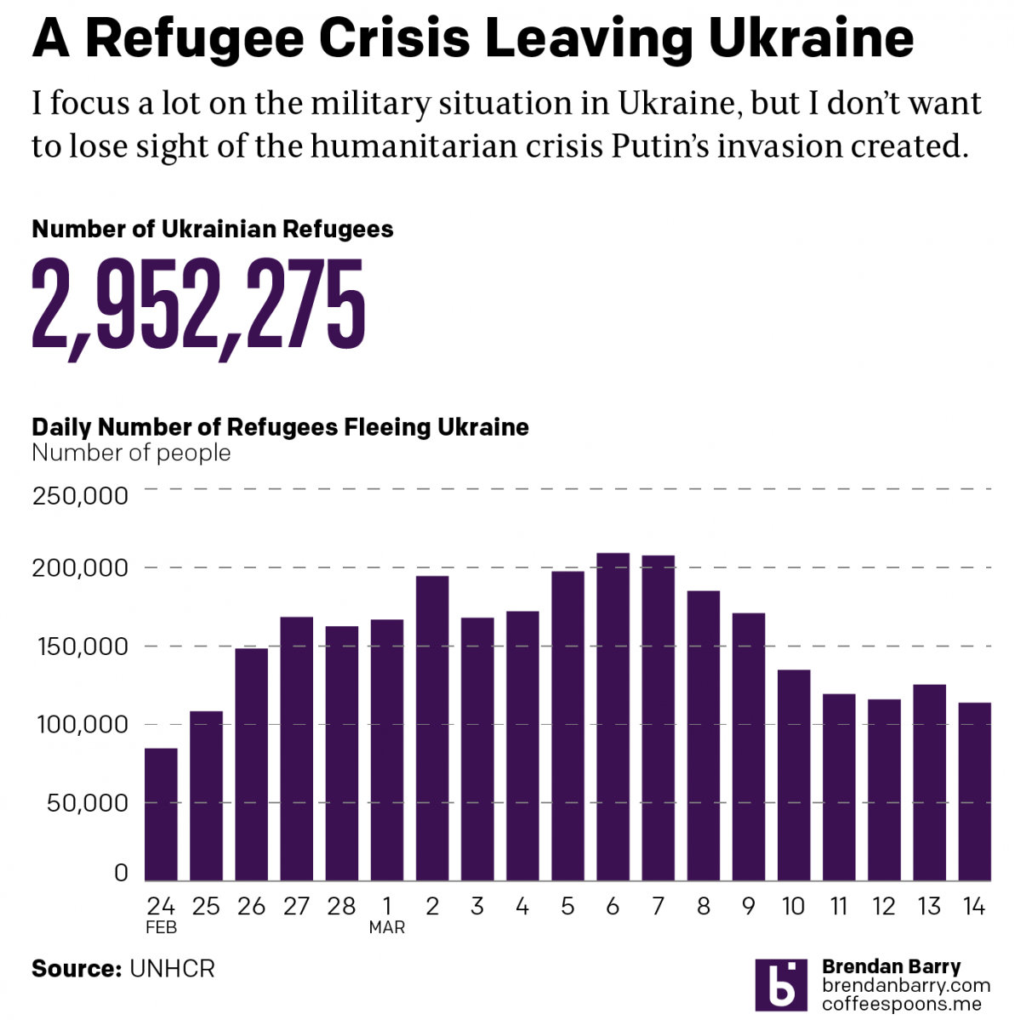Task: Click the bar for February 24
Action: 161,814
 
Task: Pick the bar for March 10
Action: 794,775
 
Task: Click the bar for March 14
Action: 974,791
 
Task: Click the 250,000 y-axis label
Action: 80,495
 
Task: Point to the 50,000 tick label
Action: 87,802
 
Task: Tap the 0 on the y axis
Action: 121,873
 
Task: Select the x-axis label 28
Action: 341,907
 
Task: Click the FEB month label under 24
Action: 161,927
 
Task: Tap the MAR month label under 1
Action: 386,927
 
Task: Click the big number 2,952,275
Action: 198,306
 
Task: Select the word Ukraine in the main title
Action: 810,38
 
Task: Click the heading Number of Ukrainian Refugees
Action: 212,230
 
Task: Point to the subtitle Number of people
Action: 131,453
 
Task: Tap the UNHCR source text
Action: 172,969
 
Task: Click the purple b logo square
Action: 780,985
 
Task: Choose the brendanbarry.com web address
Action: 905,985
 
